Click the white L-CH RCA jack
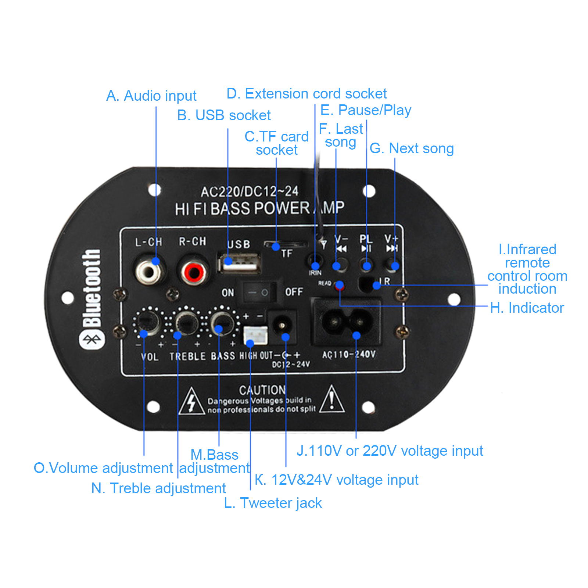[x=148, y=272]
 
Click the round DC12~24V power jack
[x=282, y=325]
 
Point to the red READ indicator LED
[x=340, y=285]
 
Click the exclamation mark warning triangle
[x=332, y=400]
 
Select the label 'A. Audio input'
[x=151, y=96]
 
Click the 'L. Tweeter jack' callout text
[x=273, y=503]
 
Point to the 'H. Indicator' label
[x=527, y=308]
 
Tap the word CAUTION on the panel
[x=262, y=390]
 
